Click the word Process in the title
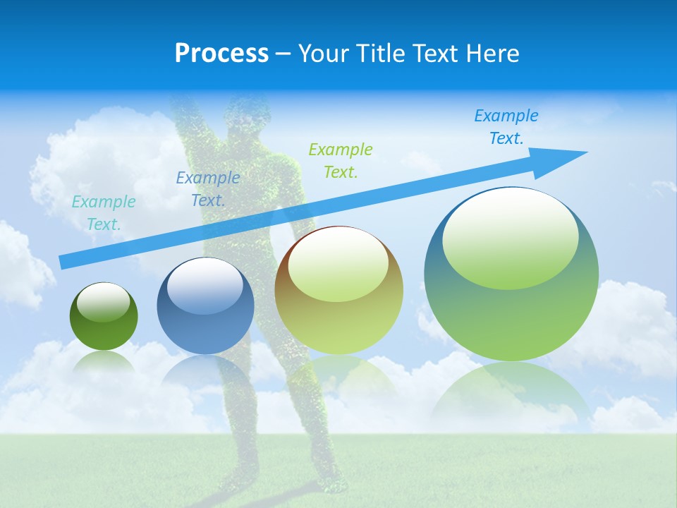tap(221, 54)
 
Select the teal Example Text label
tap(104, 213)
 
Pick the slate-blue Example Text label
tap(208, 189)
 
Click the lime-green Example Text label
tap(341, 160)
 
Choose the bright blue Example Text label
tap(506, 127)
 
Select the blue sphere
tap(205, 332)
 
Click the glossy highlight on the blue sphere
tap(205, 286)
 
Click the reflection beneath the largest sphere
tap(511, 395)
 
